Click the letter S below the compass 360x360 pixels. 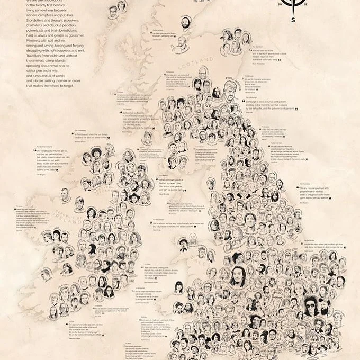[293, 21]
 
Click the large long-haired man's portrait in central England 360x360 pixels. [237, 277]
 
